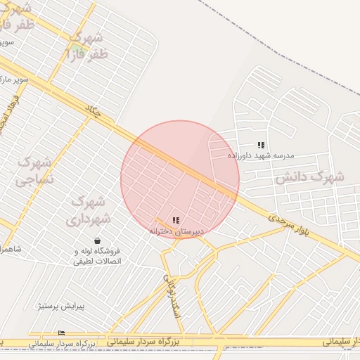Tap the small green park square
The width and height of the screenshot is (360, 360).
75,51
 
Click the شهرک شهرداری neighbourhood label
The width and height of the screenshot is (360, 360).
88,210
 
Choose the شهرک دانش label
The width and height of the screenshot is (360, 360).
309,176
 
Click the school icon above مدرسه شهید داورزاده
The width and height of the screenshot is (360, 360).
261,145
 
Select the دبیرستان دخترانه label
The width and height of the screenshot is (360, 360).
176,231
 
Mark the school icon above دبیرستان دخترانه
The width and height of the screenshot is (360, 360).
176,221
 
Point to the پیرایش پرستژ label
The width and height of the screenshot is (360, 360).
61,307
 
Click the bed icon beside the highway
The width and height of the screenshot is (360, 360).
61,333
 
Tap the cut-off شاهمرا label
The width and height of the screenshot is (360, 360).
11,249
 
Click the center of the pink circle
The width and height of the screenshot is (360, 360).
180,179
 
